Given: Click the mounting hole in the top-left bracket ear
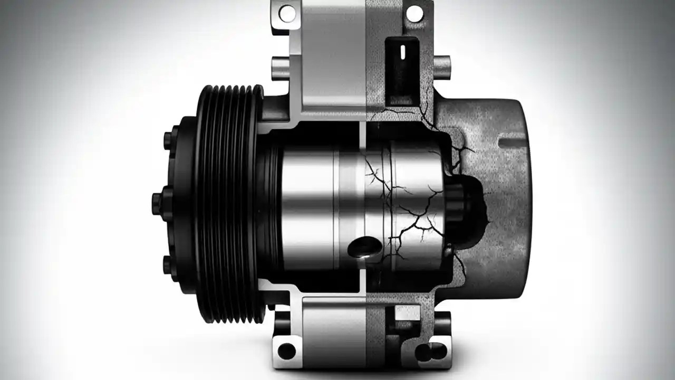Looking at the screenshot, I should point(287,13).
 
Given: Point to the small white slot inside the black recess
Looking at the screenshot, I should point(402,52).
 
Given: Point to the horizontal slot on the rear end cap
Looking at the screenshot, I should point(514,142).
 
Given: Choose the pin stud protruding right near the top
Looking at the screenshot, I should point(442,66).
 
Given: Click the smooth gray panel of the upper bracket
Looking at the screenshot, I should point(335,53).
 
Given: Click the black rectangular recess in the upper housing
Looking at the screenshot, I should point(402,69).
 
